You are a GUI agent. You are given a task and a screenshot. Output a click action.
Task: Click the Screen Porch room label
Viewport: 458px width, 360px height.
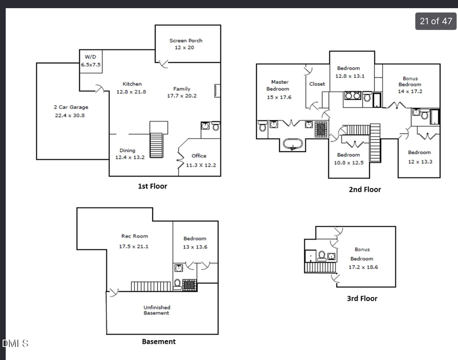pyautogui.click(x=186, y=41)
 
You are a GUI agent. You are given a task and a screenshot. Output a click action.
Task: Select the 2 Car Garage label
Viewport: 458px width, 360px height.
pyautogui.click(x=71, y=107)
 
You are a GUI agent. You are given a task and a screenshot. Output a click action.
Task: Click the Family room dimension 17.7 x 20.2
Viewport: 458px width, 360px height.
pyautogui.click(x=182, y=96)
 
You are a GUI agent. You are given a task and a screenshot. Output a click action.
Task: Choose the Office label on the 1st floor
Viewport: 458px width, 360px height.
pyautogui.click(x=198, y=156)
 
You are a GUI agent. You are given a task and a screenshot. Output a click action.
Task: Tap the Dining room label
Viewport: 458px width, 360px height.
pyautogui.click(x=127, y=151)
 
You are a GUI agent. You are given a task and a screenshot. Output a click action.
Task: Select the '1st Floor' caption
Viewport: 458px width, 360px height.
pyautogui.click(x=152, y=186)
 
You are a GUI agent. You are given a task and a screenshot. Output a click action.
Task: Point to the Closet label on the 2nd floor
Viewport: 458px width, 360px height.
pyautogui.click(x=317, y=84)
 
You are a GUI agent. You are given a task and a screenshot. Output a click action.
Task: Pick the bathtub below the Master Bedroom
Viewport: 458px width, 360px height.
pyautogui.click(x=293, y=144)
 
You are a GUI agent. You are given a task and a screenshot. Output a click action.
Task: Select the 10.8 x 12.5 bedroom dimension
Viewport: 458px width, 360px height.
pyautogui.click(x=348, y=163)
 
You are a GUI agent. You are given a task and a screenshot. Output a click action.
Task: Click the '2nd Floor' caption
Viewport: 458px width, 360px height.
pyautogui.click(x=364, y=190)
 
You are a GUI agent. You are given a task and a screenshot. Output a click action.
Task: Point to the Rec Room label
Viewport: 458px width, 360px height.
pyautogui.click(x=134, y=236)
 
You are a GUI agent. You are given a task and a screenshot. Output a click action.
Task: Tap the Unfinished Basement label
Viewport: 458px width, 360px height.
pyautogui.click(x=156, y=310)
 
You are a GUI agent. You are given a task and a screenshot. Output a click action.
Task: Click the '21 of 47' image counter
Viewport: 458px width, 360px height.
pyautogui.click(x=436, y=21)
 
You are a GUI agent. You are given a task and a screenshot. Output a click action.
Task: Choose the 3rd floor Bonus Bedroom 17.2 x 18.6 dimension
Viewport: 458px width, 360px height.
pyautogui.click(x=364, y=267)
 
